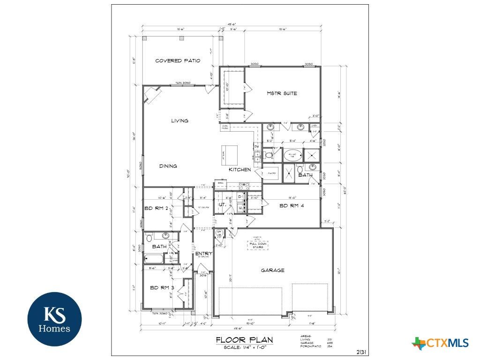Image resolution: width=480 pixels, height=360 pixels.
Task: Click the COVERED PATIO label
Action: point(178,60)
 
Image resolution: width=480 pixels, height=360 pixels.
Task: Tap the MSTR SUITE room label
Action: point(282,93)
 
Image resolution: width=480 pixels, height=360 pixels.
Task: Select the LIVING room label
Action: point(180,120)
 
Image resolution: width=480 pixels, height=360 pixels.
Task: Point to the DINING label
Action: point(168,166)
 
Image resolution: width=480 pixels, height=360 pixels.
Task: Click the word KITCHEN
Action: point(240,169)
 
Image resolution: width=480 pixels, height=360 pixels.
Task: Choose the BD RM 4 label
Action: point(291,205)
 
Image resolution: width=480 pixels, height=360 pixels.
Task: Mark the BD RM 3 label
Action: point(162,287)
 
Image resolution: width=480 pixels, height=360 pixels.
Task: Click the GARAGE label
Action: point(272,270)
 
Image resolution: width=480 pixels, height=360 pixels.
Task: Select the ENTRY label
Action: point(204,254)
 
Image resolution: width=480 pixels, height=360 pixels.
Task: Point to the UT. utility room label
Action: point(222,205)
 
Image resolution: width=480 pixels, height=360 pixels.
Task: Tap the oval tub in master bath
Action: point(294,154)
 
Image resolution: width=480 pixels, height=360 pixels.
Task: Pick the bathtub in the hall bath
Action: point(154,258)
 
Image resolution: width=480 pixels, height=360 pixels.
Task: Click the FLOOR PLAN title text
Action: point(244,340)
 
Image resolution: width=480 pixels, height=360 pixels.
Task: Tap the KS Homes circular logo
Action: point(54,319)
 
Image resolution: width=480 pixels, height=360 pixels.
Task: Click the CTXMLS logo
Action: point(440,343)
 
